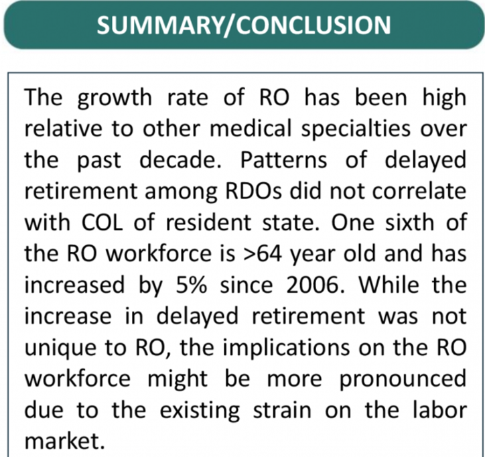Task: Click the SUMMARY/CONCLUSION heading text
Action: point(242,25)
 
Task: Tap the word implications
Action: point(268,346)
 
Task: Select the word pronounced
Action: point(403,377)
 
